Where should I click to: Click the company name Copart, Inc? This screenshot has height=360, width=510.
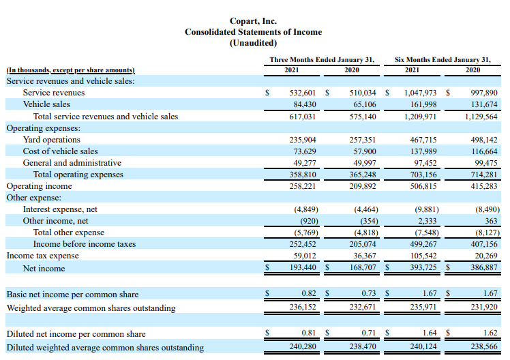click(253, 21)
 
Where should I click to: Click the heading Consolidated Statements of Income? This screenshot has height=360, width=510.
click(253, 32)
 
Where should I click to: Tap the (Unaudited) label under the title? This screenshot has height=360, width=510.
click(253, 43)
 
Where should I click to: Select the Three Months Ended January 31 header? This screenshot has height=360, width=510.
click(322, 59)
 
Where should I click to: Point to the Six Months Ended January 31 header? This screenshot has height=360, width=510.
click(442, 59)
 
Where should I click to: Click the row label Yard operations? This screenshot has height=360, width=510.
click(52, 140)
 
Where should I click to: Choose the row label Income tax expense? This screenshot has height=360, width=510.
click(42, 256)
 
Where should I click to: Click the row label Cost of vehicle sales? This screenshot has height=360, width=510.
click(60, 151)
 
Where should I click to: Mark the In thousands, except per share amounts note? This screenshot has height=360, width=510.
click(71, 70)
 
